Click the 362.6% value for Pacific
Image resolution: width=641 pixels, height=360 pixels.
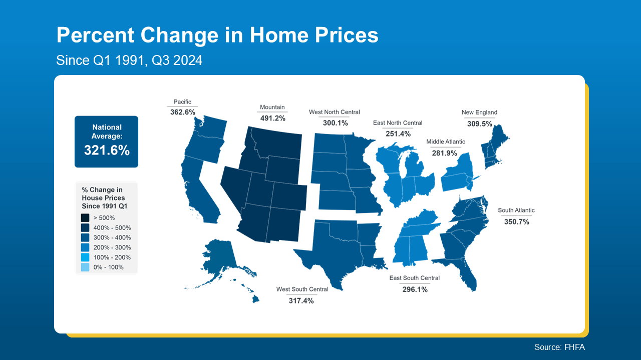tap(183, 112)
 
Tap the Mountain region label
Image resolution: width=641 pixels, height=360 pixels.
tap(272, 107)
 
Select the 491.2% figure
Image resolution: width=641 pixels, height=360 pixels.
tap(273, 118)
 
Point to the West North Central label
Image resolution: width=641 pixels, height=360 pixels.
tap(335, 112)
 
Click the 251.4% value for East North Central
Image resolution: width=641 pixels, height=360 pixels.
tap(398, 133)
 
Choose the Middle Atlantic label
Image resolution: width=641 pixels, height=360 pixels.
tap(446, 141)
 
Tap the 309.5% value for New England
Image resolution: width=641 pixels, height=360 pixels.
tap(479, 123)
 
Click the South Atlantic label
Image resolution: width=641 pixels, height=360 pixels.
tap(516, 210)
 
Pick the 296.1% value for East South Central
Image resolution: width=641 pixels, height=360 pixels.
tap(415, 289)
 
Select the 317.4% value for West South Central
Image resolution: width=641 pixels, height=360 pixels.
tap(301, 300)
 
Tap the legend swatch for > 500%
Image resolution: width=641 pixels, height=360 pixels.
tap(85, 218)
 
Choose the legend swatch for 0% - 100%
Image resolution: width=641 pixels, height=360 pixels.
tap(85, 267)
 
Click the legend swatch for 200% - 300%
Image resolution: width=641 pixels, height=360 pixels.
tap(85, 247)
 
